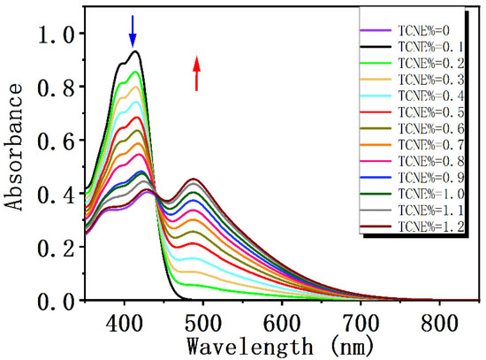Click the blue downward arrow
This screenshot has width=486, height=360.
(x=133, y=31)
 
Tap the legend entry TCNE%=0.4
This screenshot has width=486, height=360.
(x=421, y=95)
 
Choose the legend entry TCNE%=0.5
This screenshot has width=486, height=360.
(x=421, y=111)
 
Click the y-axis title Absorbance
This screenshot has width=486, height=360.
(x=16, y=156)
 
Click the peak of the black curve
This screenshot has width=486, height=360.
(x=134, y=51)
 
